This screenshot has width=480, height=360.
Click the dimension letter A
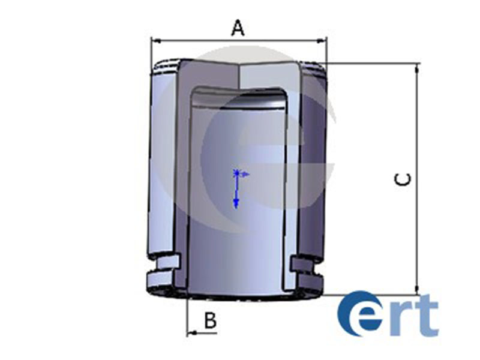coord(238,28)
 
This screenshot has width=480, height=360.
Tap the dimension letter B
coord(210,321)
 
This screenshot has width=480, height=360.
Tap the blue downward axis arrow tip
coord(236,205)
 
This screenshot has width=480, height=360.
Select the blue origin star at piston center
coord(237,173)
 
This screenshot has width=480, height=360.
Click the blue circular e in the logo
coord(359,314)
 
